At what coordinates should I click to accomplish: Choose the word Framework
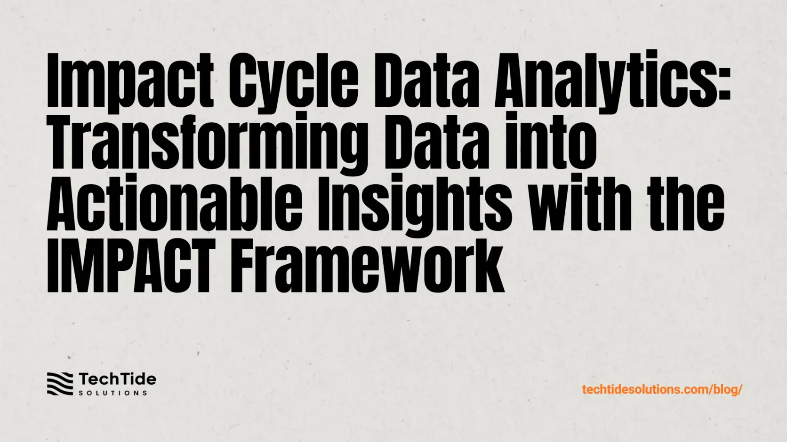click(x=367, y=266)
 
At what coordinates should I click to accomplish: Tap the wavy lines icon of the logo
click(x=60, y=384)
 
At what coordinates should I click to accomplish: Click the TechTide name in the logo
click(x=117, y=379)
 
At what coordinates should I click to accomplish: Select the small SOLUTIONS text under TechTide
click(x=113, y=393)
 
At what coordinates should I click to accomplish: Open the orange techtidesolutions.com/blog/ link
click(x=662, y=389)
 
